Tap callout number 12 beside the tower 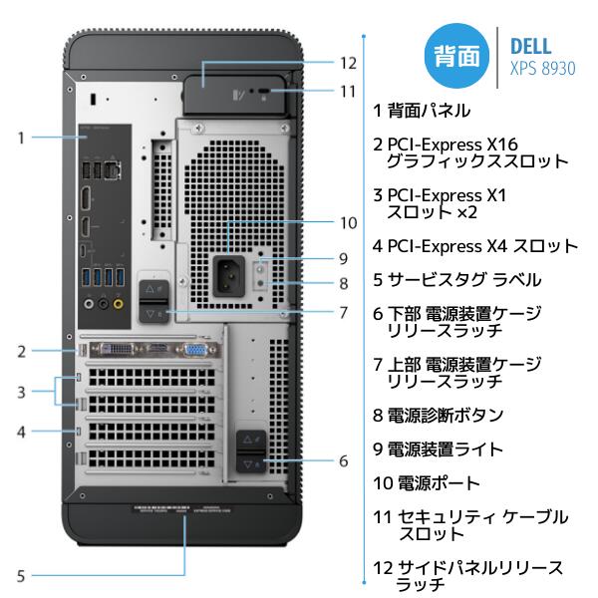[347, 62]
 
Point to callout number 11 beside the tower [347, 91]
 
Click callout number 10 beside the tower [347, 222]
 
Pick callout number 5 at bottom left [20, 575]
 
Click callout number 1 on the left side [20, 138]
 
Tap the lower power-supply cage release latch [250, 450]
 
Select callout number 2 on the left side [20, 351]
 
